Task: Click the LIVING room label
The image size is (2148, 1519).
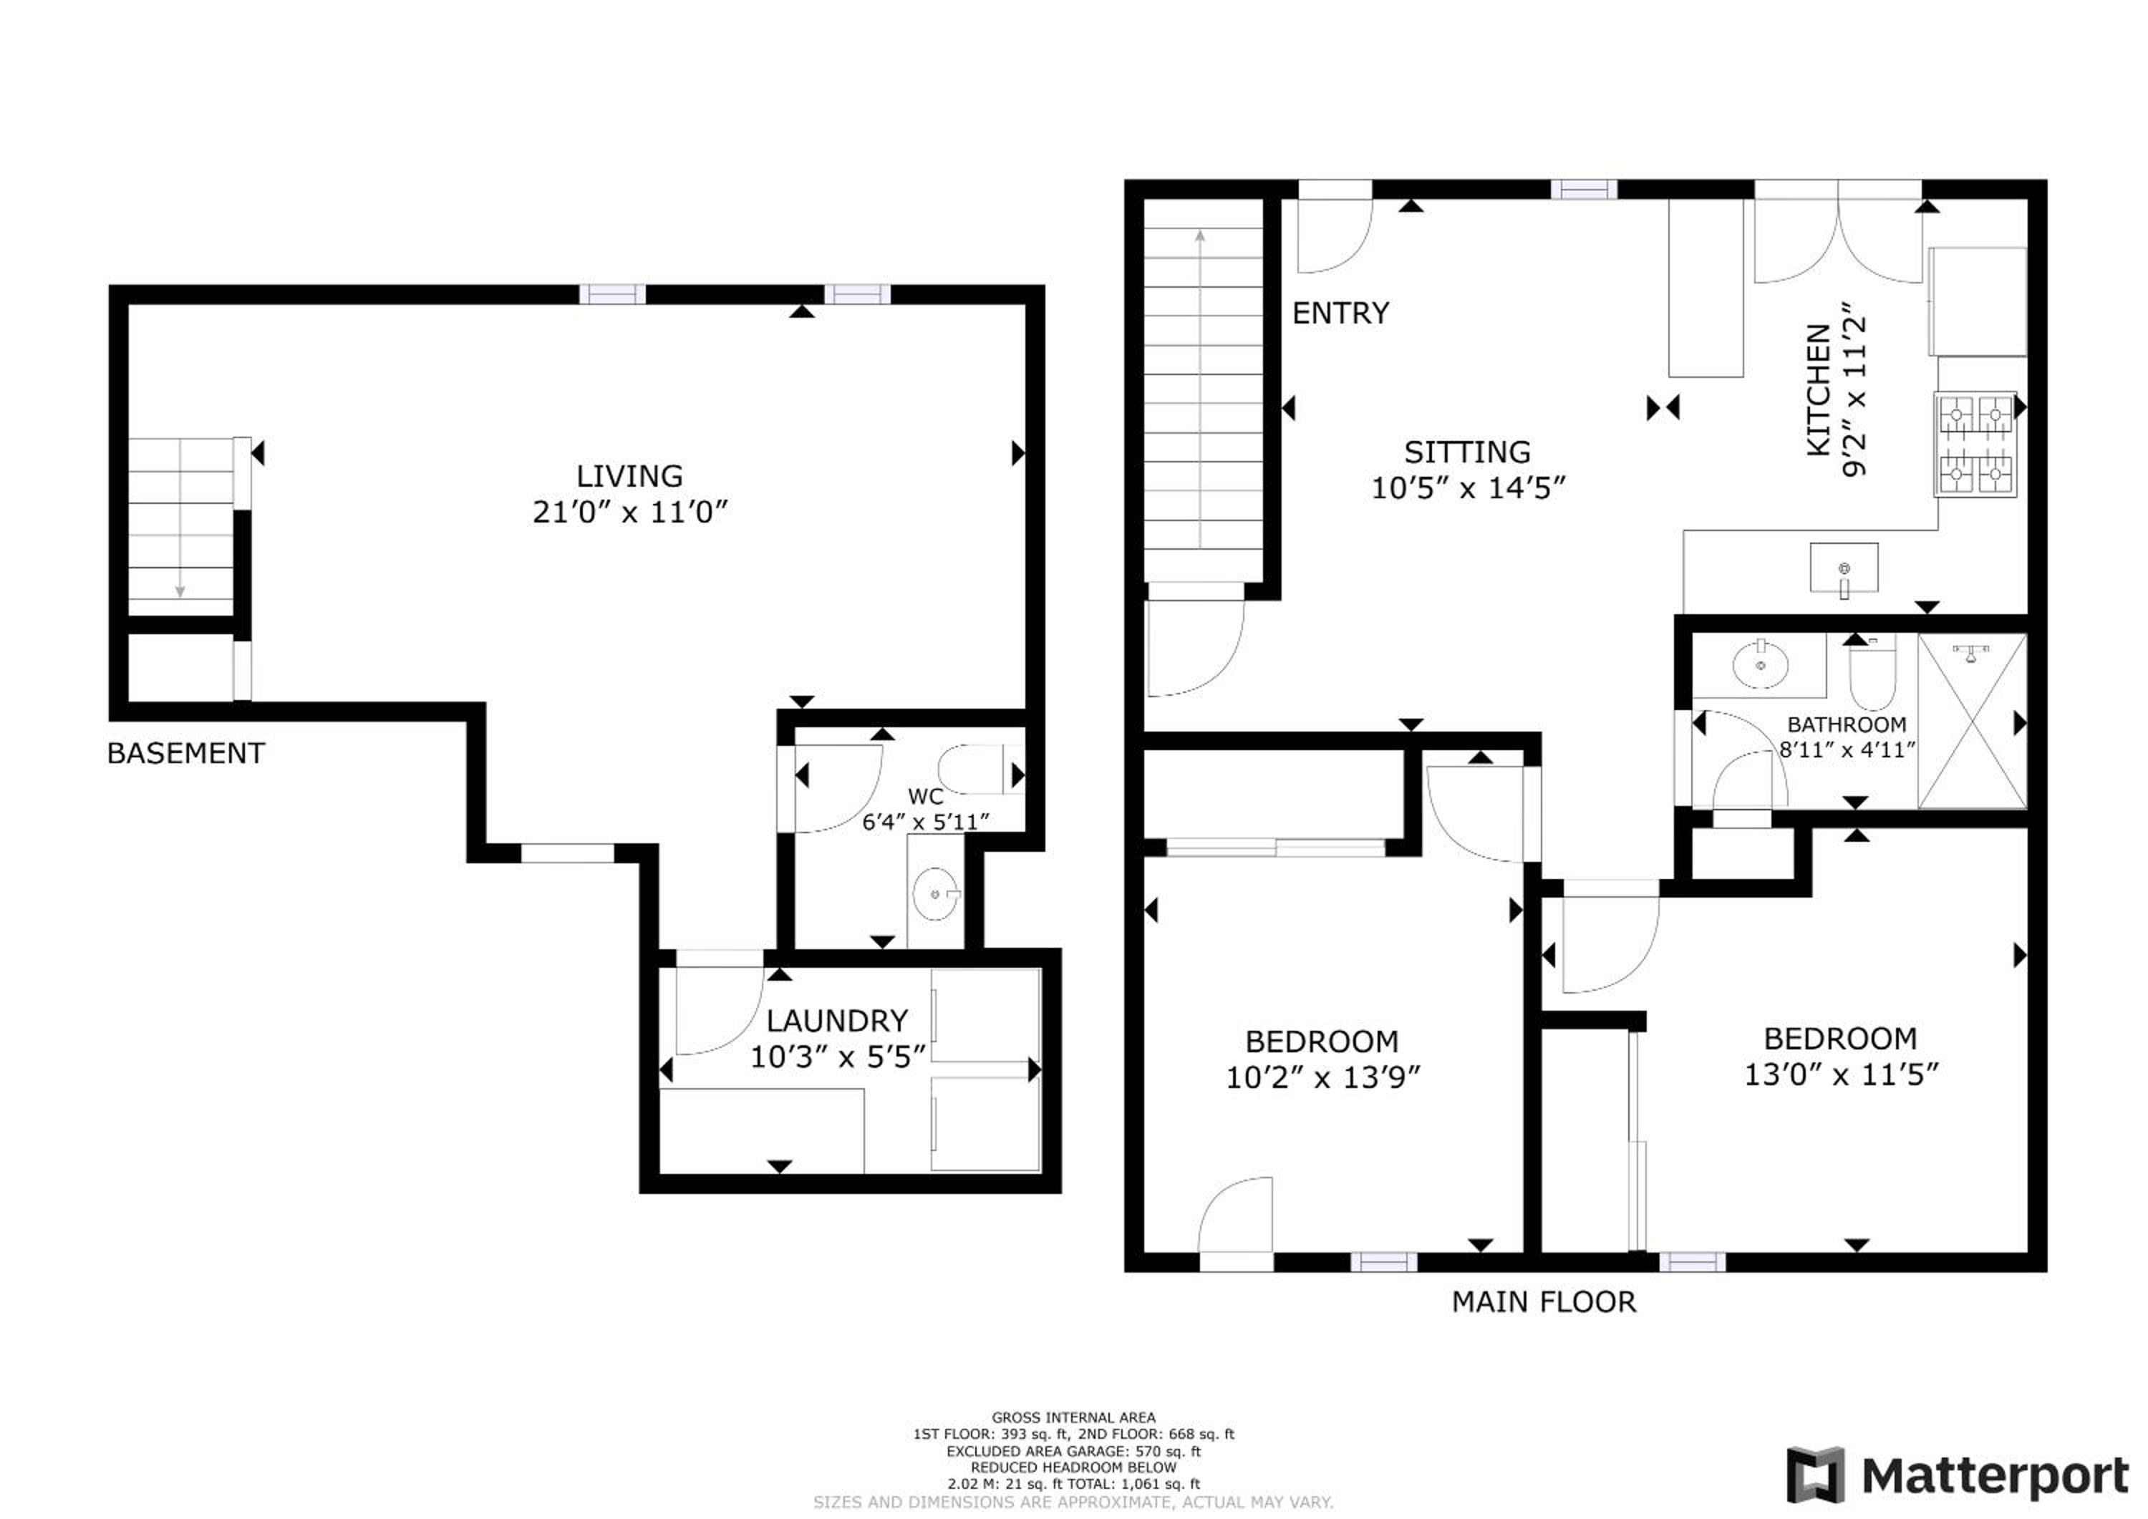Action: click(629, 476)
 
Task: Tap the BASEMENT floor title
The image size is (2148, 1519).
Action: click(186, 753)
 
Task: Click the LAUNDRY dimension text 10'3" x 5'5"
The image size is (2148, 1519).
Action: click(838, 1057)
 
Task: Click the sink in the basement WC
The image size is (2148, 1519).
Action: click(936, 893)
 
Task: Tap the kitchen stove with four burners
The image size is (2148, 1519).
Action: click(1976, 445)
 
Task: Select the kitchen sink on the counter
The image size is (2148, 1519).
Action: click(1844, 568)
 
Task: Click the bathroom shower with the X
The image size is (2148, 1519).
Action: click(1972, 721)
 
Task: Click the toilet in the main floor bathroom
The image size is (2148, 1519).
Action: click(1872, 671)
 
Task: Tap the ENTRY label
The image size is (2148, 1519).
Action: click(1340, 314)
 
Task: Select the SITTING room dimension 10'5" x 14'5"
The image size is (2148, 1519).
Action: click(1468, 488)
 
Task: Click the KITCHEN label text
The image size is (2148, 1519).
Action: click(1818, 390)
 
